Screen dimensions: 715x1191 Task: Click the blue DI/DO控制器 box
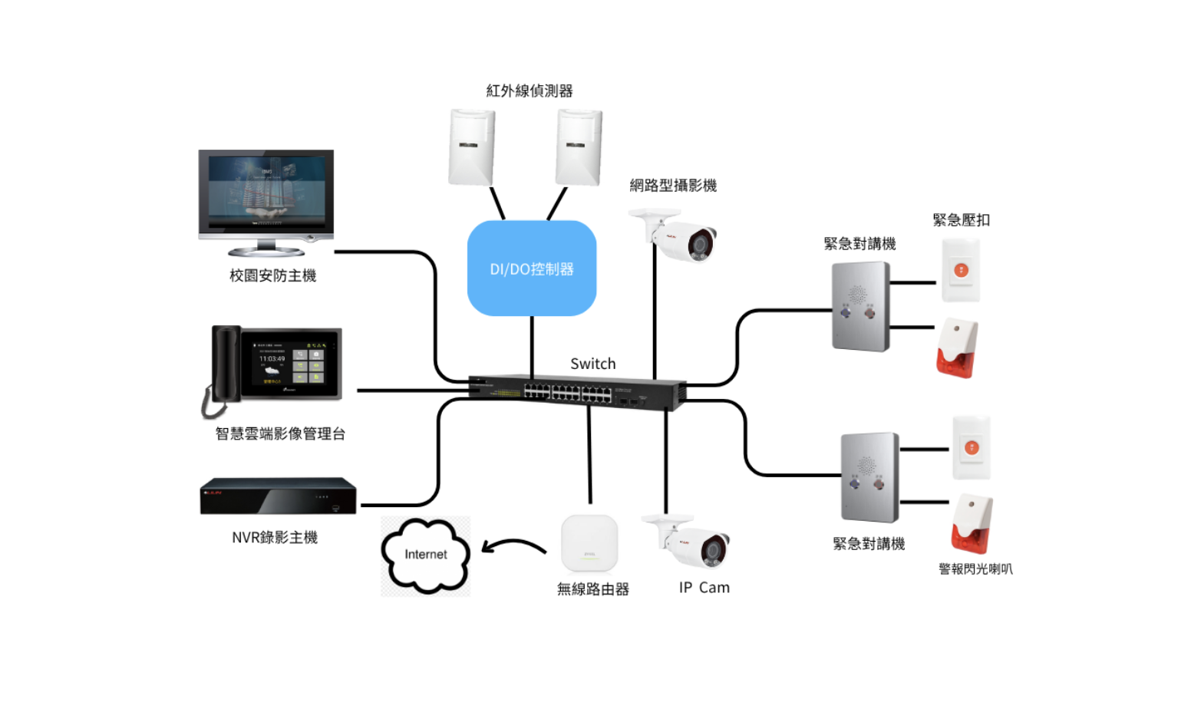[x=531, y=269]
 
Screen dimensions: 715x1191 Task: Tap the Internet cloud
[x=425, y=555]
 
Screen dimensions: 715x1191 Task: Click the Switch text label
[x=592, y=364]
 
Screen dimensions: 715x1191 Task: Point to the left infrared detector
[x=471, y=147]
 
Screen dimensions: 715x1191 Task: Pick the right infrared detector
[x=579, y=147]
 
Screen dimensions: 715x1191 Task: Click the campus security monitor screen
[x=266, y=192]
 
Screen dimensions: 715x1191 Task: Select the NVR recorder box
[x=278, y=496]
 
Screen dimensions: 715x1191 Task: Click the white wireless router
[x=589, y=543]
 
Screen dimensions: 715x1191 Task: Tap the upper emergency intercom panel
[x=861, y=306]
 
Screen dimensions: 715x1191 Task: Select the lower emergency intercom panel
[x=870, y=476]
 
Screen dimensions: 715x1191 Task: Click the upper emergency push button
[x=961, y=270]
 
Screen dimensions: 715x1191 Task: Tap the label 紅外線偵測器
[x=530, y=91]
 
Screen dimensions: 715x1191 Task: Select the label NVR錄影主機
[x=275, y=538]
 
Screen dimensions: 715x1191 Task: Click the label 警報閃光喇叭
[x=975, y=569]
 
